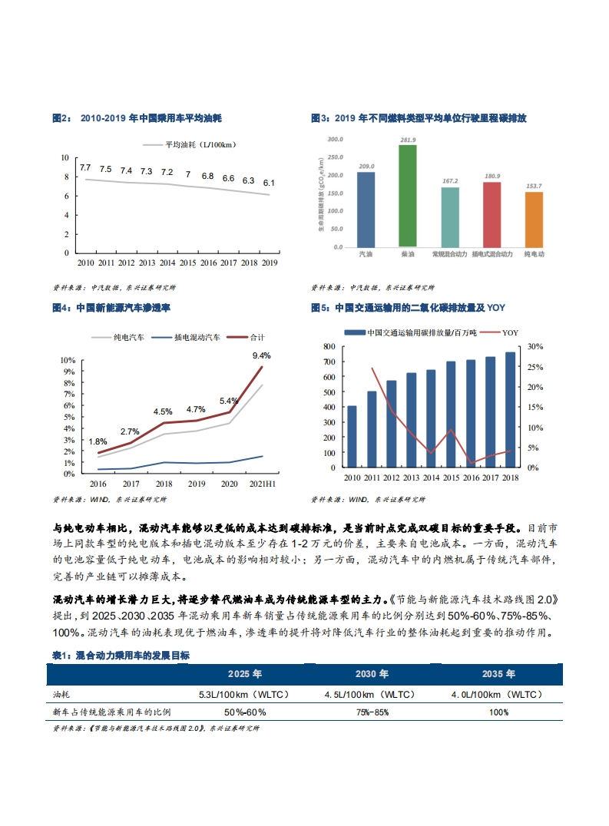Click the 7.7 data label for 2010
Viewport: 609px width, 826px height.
pos(85,167)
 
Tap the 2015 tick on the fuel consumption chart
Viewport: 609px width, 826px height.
pos(187,263)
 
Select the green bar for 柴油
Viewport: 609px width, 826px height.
pos(407,196)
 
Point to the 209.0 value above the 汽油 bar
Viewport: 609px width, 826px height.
pos(366,167)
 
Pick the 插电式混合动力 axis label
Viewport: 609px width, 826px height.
pos(491,253)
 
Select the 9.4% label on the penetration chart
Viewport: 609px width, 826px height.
pos(261,355)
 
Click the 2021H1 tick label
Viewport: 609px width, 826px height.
pos(262,484)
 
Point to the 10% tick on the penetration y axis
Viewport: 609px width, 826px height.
pos(68,360)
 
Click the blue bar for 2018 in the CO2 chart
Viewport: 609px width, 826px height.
pos(510,409)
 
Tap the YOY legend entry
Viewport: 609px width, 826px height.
pos(510,332)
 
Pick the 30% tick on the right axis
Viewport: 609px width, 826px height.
pos(535,346)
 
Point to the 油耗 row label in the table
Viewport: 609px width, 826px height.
pos(61,694)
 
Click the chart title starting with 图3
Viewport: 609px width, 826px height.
pos(418,118)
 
